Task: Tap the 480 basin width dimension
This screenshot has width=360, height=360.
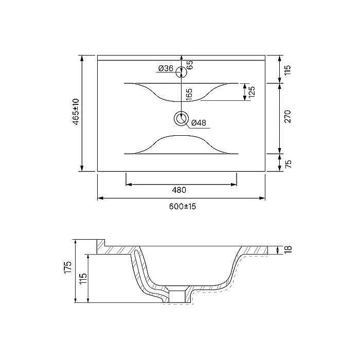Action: pyautogui.click(x=178, y=190)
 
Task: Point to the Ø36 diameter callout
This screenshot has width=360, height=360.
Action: pyautogui.click(x=165, y=68)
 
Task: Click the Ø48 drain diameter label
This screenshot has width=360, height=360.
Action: pyautogui.click(x=199, y=123)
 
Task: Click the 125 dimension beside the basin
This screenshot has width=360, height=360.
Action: pyautogui.click(x=252, y=92)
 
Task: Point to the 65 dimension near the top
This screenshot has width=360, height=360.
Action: pyautogui.click(x=189, y=64)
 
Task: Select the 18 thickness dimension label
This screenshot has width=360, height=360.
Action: pyautogui.click(x=288, y=249)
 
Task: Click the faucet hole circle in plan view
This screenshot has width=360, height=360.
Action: pyautogui.click(x=181, y=72)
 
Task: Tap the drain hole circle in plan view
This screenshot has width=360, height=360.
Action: pyautogui.click(x=181, y=119)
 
